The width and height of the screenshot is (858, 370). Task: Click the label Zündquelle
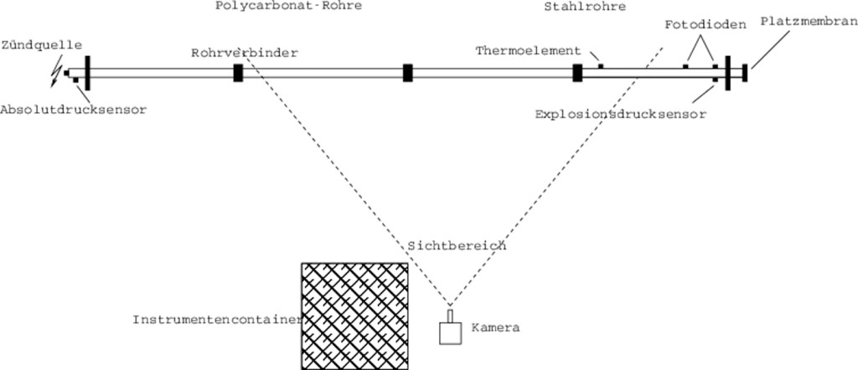[x=42, y=45]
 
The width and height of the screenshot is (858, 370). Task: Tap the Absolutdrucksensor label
[x=74, y=110]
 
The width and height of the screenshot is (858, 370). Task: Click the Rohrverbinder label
[x=244, y=53]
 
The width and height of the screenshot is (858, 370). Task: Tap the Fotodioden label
[x=705, y=24]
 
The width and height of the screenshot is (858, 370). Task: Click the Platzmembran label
[x=809, y=20]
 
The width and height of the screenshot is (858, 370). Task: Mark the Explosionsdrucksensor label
[x=620, y=113]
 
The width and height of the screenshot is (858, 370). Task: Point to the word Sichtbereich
[x=457, y=246]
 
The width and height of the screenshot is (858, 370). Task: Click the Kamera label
[x=496, y=328]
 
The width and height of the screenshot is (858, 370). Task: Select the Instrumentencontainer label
[x=216, y=320]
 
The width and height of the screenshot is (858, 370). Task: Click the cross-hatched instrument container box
[x=355, y=316]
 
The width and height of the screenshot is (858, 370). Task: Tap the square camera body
[x=451, y=333]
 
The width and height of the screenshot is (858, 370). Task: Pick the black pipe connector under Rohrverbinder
[x=238, y=73]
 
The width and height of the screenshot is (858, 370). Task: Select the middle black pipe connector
[x=407, y=73]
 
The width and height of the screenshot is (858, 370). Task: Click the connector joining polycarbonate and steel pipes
[x=577, y=73]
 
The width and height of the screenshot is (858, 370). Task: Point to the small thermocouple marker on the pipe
[x=601, y=65]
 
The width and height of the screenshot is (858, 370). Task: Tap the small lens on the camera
[x=451, y=316]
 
